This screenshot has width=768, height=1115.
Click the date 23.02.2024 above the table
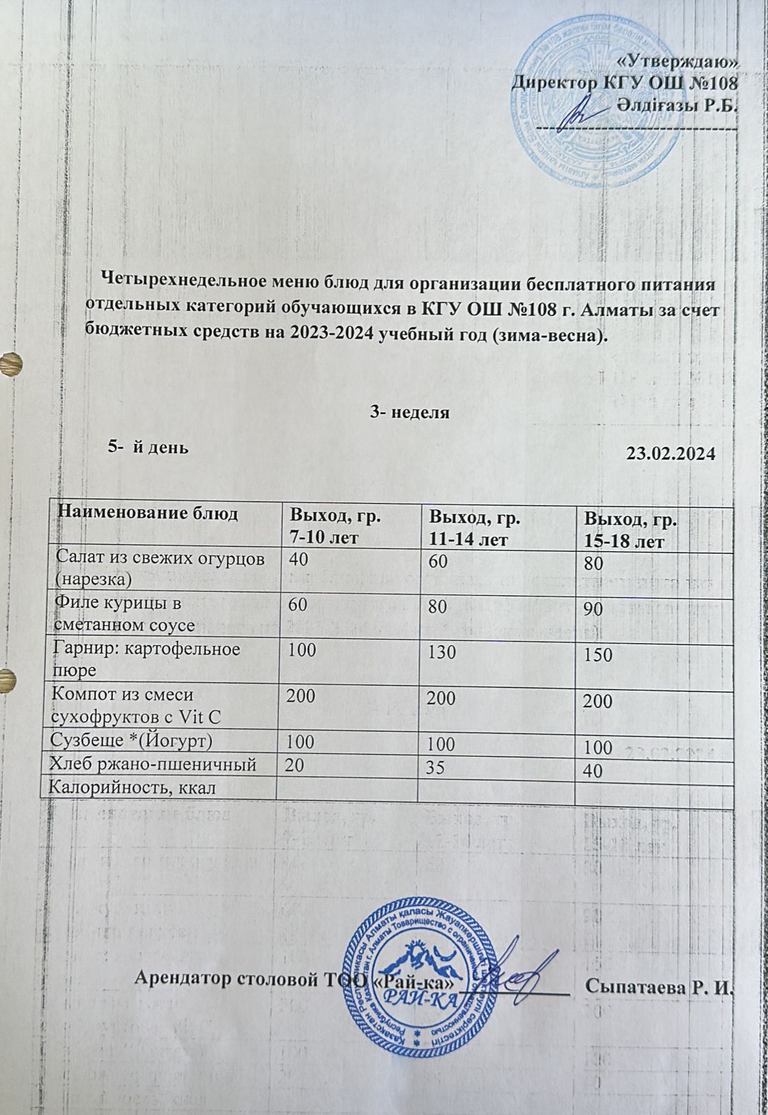[670, 454]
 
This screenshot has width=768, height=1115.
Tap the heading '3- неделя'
[409, 412]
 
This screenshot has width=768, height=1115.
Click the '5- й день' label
[147, 447]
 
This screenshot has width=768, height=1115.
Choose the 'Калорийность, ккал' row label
[130, 788]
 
